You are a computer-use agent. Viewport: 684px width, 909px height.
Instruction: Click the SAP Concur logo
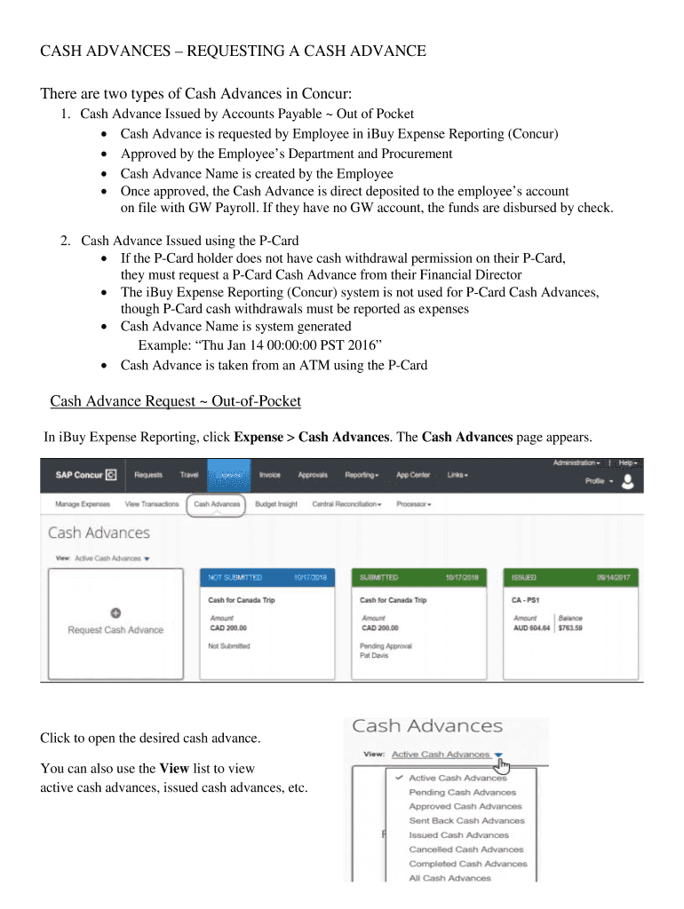pyautogui.click(x=85, y=475)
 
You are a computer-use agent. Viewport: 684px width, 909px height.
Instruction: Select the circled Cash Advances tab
pyautogui.click(x=217, y=504)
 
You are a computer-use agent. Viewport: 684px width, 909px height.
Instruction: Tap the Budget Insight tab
pyautogui.click(x=275, y=504)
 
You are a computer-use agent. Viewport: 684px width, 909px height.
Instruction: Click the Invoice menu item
pyautogui.click(x=269, y=475)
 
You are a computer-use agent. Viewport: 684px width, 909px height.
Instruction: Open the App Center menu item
pyautogui.click(x=413, y=475)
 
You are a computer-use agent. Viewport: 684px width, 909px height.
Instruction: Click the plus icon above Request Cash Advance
pyautogui.click(x=115, y=613)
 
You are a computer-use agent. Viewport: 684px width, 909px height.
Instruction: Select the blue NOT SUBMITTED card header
pyautogui.click(x=267, y=577)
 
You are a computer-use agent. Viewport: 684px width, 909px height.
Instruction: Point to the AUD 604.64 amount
pyautogui.click(x=532, y=628)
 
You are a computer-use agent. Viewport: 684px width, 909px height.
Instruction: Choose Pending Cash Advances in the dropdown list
pyautogui.click(x=462, y=792)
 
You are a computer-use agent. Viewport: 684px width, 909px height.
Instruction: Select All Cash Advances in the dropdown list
pyautogui.click(x=449, y=878)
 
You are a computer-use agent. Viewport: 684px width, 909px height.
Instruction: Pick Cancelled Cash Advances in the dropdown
pyautogui.click(x=466, y=850)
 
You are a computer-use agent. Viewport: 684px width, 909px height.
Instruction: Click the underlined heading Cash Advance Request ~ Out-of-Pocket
pyautogui.click(x=176, y=402)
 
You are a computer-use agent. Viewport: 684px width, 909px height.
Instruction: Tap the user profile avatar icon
pyautogui.click(x=628, y=481)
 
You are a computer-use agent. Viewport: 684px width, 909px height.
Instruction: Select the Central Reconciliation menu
pyautogui.click(x=346, y=504)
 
